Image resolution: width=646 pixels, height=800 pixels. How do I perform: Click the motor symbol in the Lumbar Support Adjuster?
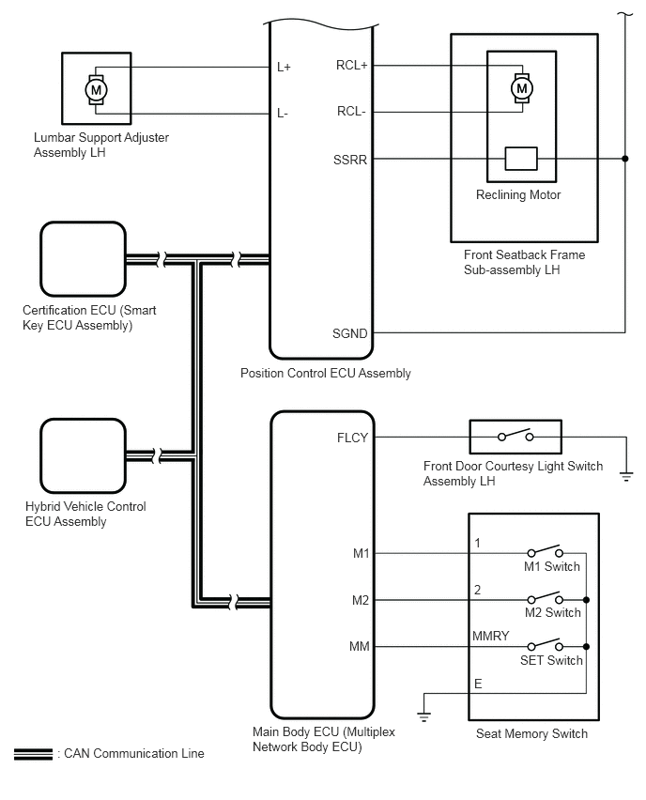96,89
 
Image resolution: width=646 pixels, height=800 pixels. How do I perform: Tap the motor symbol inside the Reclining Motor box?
521,88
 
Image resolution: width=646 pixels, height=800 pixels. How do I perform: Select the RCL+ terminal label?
352,66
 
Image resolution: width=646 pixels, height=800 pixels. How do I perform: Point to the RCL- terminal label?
352,112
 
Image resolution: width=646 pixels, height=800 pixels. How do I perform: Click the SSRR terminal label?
351,159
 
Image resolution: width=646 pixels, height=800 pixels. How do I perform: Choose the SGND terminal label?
350,332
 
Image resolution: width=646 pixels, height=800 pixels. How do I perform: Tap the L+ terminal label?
284,67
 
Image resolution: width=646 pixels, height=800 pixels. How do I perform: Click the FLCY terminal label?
352,437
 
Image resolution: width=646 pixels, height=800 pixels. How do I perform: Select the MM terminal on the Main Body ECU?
359,646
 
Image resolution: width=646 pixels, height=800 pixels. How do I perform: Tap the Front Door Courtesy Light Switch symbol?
515,437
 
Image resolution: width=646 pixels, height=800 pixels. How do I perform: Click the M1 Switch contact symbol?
545,552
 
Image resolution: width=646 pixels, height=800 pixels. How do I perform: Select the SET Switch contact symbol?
545,646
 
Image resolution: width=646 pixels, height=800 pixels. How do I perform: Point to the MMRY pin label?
491,637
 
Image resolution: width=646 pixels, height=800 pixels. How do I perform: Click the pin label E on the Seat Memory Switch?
479,684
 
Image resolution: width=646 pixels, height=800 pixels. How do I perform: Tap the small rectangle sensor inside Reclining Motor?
520,159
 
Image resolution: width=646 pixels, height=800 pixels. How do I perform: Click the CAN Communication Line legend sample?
33,754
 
